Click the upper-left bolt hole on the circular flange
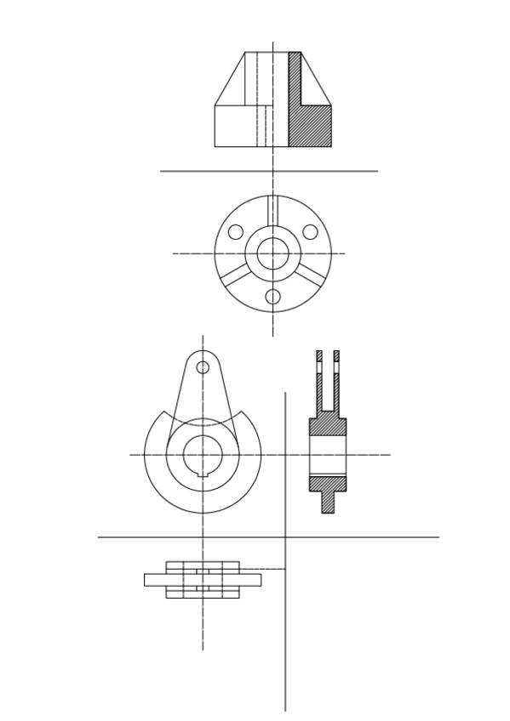236,232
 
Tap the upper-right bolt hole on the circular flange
311,232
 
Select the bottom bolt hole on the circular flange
272,297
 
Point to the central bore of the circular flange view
272,253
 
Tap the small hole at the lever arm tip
203,367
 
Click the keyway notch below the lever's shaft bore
203,473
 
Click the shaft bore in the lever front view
203,453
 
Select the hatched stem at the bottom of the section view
328,502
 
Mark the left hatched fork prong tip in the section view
319,355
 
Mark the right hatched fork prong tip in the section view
336,355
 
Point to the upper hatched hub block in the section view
328,426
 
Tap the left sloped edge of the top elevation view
230,79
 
